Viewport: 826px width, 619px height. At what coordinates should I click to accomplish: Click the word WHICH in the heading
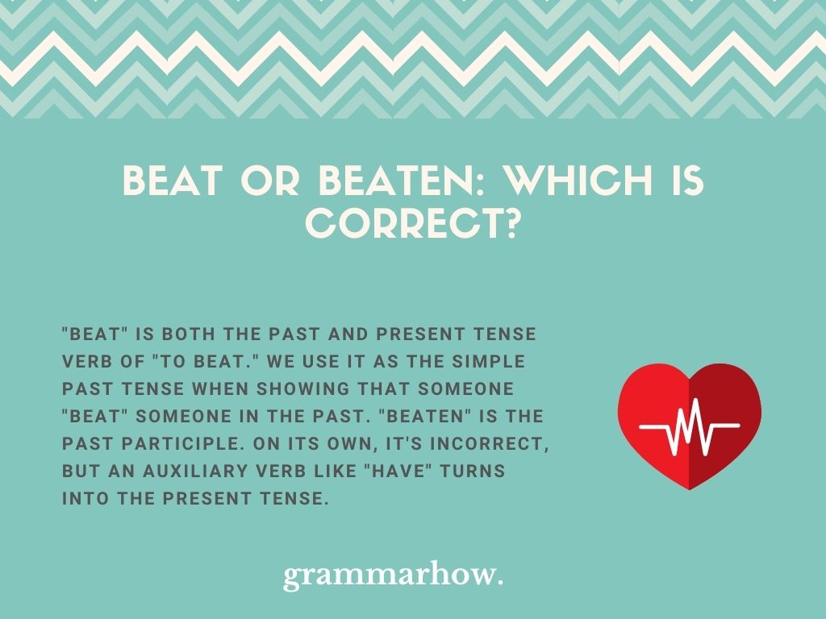click(578, 181)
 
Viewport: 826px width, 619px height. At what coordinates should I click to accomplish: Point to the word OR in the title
click(270, 181)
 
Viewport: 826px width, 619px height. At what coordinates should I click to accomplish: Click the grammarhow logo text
click(393, 575)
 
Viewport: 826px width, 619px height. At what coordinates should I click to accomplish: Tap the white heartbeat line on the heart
click(689, 426)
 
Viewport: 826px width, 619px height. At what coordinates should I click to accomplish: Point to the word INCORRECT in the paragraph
click(486, 444)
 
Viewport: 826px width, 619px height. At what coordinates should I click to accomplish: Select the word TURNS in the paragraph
click(473, 471)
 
